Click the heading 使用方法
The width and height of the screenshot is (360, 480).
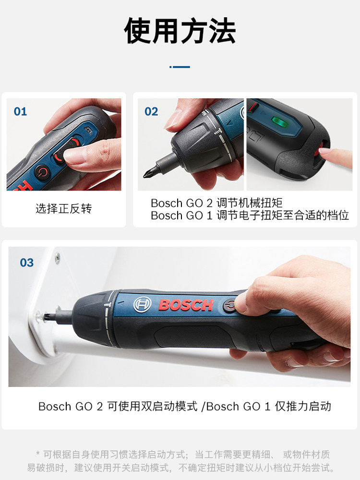coord(180,31)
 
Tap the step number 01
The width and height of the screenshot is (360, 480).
coord(20,111)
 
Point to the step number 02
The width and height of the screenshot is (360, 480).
coord(151,111)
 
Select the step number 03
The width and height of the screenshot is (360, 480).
coord(26,263)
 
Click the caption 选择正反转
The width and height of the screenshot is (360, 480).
coord(64,208)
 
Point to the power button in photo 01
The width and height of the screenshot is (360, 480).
coord(41,172)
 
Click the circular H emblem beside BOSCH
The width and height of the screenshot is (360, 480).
coord(143,305)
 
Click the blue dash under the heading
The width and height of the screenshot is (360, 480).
coord(180,67)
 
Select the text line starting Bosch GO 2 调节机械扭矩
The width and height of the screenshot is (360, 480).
coord(216,203)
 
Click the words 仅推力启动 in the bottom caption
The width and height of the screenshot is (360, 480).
coord(303,406)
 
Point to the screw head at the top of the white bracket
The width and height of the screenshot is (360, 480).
coord(57,258)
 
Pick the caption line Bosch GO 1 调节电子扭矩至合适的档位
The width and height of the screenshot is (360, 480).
coord(250,216)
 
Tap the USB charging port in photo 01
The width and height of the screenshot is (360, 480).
coord(89,131)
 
